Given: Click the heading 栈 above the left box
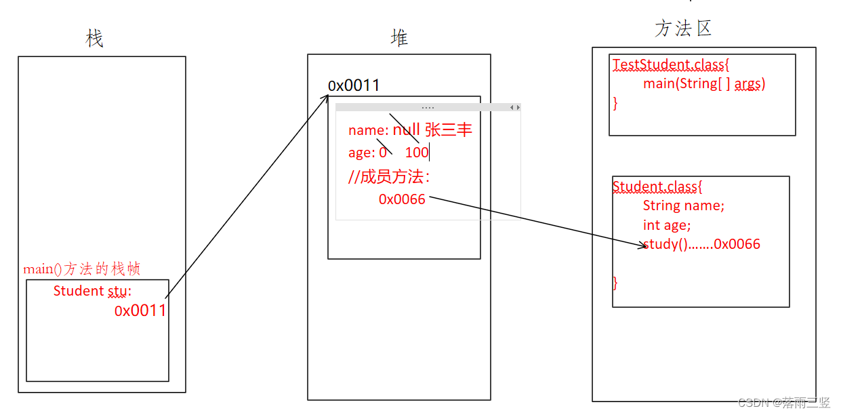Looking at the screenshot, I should (x=95, y=39).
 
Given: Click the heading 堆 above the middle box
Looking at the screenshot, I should (x=400, y=38).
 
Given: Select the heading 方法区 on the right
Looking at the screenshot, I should (x=683, y=28).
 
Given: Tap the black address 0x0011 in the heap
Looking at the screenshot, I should (x=354, y=85).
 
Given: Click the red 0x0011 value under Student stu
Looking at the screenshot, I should (x=140, y=311).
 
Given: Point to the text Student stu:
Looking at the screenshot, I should (x=92, y=291).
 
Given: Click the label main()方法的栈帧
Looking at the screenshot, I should (x=82, y=269).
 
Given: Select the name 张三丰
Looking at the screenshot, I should (x=449, y=130).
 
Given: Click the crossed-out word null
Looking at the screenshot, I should (x=407, y=130).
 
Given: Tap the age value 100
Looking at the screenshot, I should (x=417, y=153).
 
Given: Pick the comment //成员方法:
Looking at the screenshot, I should (x=390, y=177).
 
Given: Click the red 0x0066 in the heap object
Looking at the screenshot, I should (x=402, y=199).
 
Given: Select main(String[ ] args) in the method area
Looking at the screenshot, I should (x=704, y=84).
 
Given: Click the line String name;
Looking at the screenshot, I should (x=683, y=205).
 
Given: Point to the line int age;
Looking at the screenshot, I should (x=667, y=225).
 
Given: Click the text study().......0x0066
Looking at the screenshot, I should (x=701, y=244).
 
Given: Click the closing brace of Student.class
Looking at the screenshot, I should (x=615, y=282).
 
